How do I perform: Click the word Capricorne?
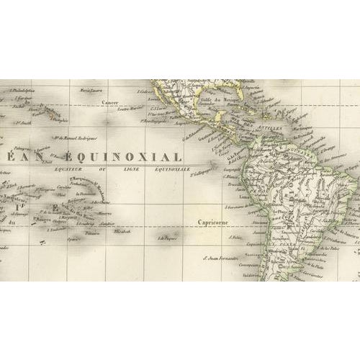[x=214, y=223]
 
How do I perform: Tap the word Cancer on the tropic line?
[x=109, y=102]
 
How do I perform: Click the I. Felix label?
[x=238, y=236]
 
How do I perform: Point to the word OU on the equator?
[x=109, y=171]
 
